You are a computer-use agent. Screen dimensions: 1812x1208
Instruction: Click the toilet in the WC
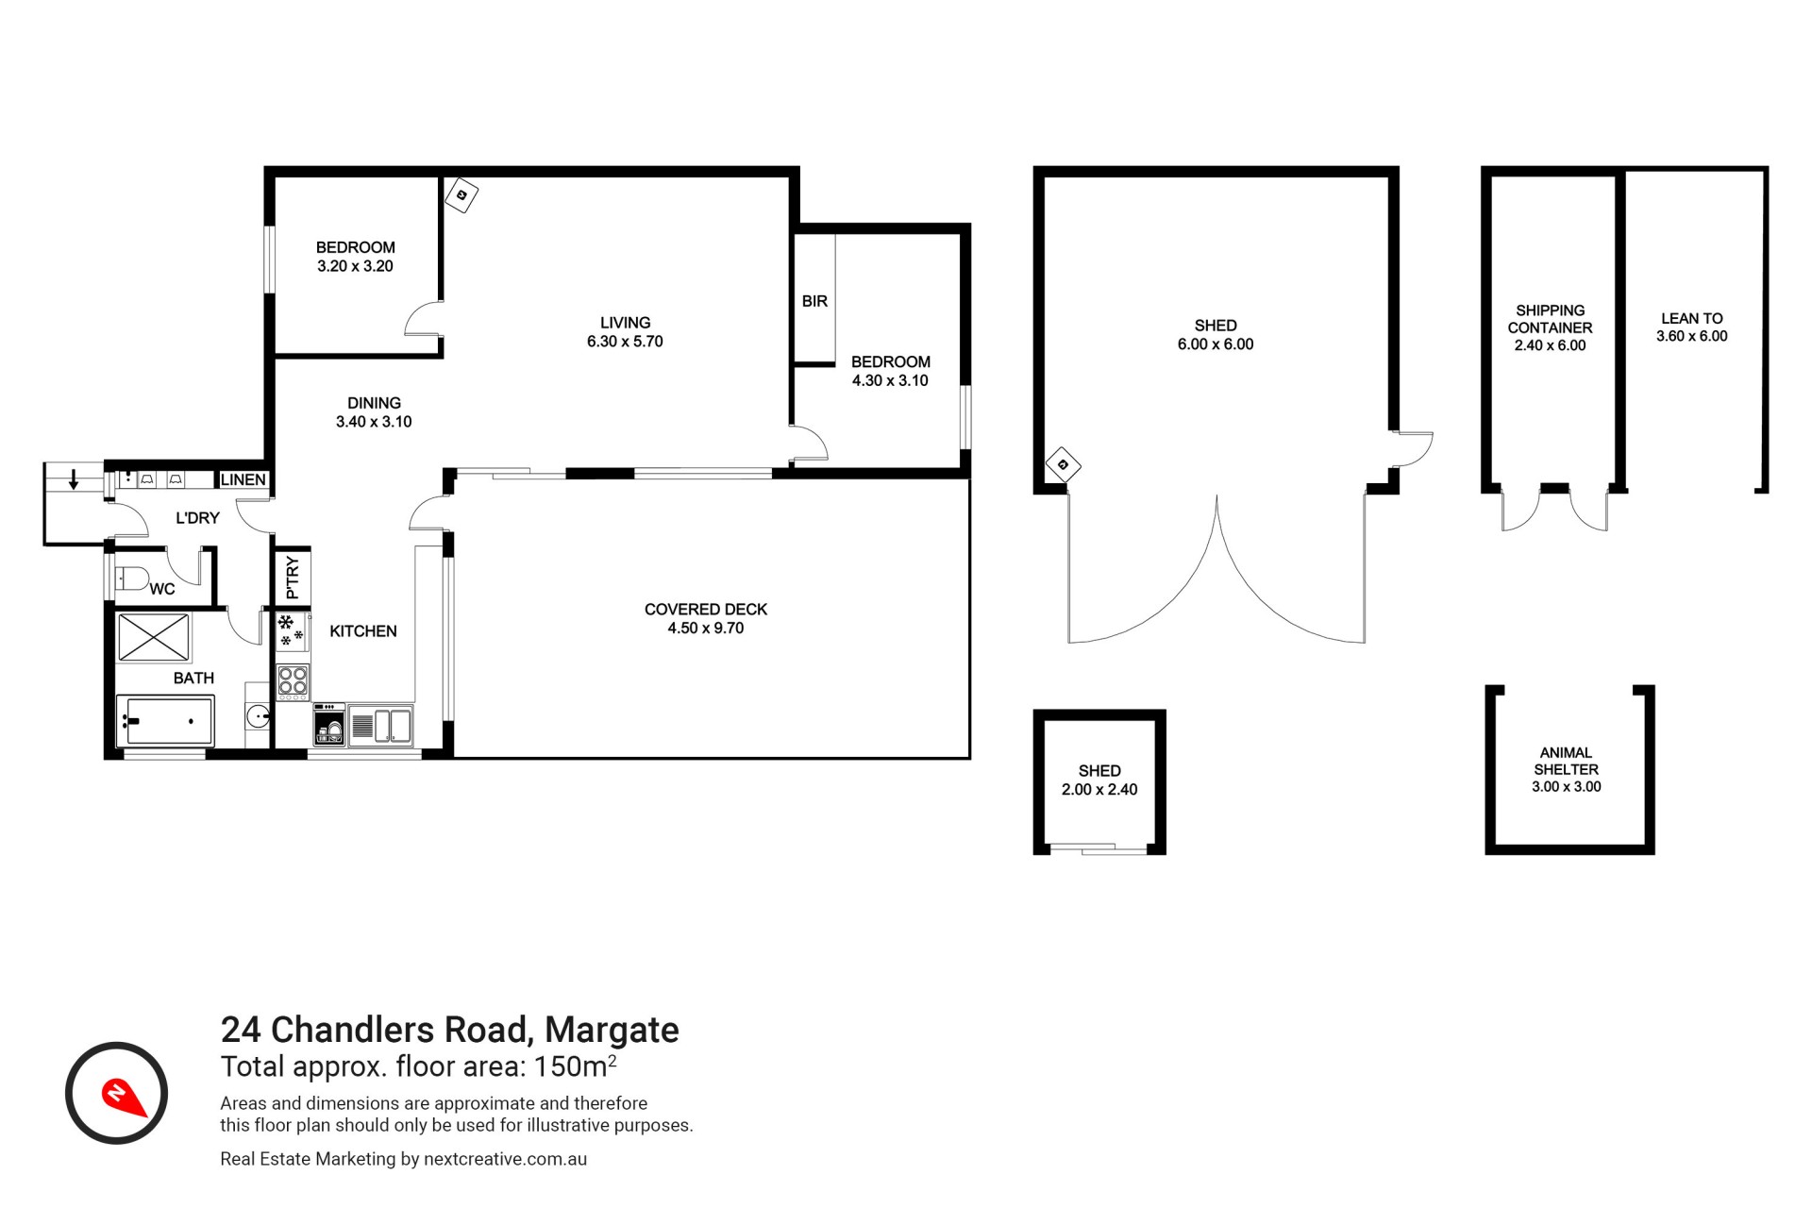(130, 578)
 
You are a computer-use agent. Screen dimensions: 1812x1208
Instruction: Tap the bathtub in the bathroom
(165, 721)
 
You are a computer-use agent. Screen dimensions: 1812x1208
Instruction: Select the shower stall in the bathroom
(153, 636)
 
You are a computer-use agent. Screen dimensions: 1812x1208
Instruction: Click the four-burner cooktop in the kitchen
(293, 681)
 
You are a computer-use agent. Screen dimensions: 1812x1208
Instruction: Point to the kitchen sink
(380, 726)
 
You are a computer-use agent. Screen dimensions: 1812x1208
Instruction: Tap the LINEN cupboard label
(243, 479)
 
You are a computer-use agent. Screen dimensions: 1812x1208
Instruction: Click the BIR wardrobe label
(814, 301)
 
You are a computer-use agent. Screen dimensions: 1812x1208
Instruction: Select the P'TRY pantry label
(293, 578)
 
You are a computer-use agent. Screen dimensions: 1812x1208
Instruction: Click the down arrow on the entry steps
(74, 479)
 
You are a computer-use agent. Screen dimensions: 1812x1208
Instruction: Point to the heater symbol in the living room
(461, 195)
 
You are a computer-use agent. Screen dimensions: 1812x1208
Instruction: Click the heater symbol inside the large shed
(1063, 464)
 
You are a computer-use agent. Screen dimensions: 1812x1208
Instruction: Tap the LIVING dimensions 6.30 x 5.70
(625, 342)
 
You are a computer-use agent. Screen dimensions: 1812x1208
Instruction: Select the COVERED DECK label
(706, 610)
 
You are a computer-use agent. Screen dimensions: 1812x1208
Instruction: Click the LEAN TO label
(1692, 319)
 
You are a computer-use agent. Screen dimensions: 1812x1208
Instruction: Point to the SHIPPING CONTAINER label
(1550, 319)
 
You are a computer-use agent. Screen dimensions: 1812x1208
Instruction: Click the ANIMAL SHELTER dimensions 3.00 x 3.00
(1567, 787)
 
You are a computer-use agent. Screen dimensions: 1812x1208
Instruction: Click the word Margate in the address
(612, 1030)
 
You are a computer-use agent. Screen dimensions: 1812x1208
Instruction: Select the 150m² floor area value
(576, 1065)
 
